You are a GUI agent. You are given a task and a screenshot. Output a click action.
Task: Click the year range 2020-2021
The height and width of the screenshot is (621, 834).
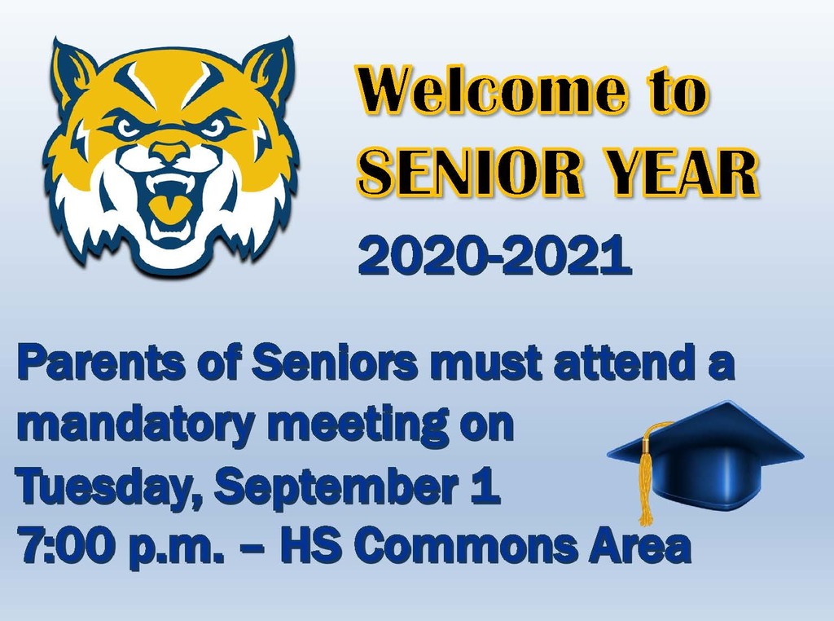494,253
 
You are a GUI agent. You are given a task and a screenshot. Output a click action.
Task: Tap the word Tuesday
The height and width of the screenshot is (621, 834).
109,487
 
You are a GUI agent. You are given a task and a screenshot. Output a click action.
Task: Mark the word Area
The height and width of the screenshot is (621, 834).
639,547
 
